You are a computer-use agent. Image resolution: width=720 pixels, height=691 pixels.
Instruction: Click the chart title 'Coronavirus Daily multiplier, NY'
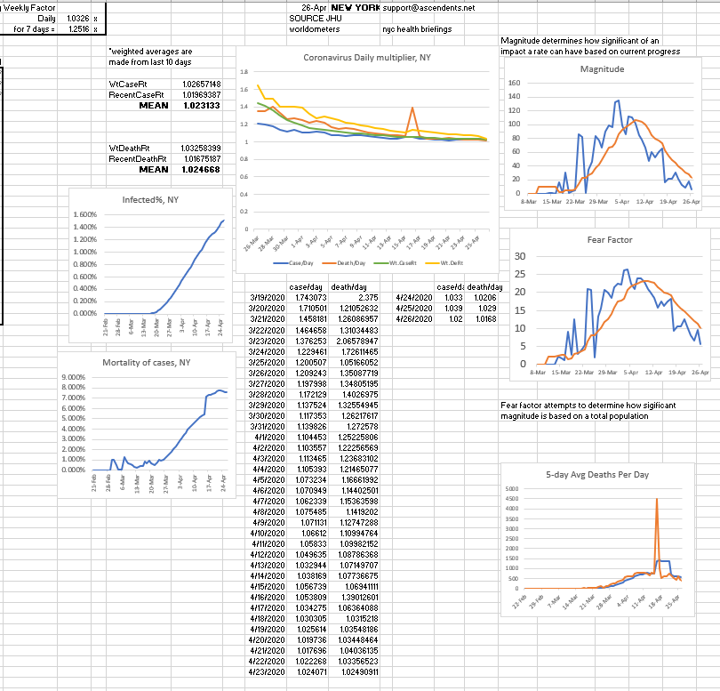[367, 58]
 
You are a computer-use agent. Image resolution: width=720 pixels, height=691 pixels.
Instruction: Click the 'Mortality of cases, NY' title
[146, 363]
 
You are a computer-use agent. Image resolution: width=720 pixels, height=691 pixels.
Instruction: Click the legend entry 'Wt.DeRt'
[452, 264]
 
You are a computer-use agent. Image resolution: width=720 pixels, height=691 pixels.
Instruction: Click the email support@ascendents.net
[428, 7]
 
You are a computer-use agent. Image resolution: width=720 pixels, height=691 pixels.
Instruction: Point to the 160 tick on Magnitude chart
[514, 83]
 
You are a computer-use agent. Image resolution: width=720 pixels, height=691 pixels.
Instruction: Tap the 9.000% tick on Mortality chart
[75, 378]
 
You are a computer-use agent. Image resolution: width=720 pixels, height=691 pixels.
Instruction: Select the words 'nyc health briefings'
[416, 29]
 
